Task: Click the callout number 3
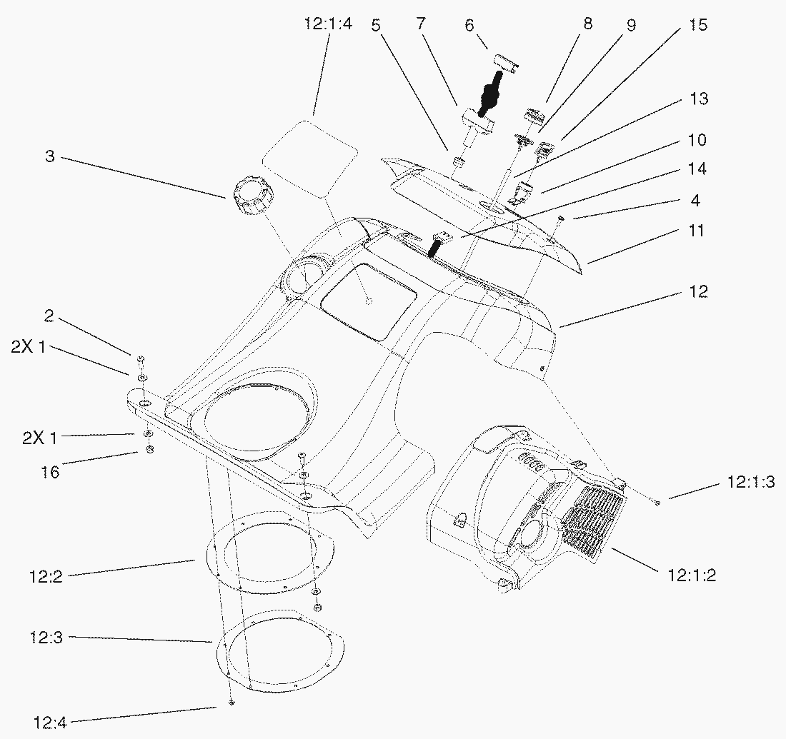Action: (x=49, y=157)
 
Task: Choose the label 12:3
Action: (x=46, y=637)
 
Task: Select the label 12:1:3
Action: (x=751, y=482)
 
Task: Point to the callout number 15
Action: (x=698, y=25)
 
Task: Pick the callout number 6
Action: (x=469, y=25)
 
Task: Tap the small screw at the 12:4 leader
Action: (x=232, y=704)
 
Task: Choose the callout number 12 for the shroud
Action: (x=698, y=291)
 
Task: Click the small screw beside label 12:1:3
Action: (x=657, y=503)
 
